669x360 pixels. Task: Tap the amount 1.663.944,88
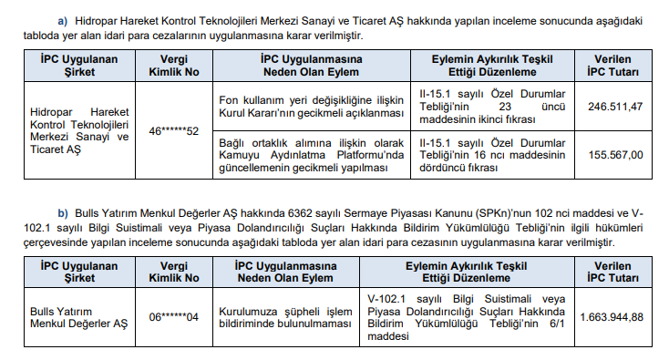pyautogui.click(x=612, y=316)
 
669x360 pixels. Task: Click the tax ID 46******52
pyautogui.click(x=173, y=131)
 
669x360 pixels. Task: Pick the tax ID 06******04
pyautogui.click(x=173, y=316)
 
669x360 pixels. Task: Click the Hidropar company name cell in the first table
pyautogui.click(x=79, y=131)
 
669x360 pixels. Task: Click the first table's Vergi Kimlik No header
pyautogui.click(x=173, y=64)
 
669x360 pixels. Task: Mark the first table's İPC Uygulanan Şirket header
pyautogui.click(x=79, y=64)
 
